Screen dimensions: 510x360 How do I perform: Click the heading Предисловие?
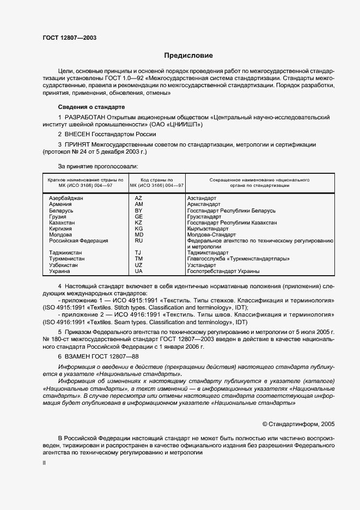(188, 56)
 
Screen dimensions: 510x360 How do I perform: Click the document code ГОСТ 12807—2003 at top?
(70, 38)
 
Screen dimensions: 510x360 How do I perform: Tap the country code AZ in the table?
(138, 198)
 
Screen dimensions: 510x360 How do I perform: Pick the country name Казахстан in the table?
(63, 222)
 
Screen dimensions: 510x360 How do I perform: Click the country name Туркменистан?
(67, 259)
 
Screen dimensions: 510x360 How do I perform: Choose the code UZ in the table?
(138, 265)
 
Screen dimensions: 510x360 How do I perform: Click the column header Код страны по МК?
(156, 182)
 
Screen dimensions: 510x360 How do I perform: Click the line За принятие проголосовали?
(98, 166)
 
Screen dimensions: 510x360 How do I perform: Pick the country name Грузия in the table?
(58, 216)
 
